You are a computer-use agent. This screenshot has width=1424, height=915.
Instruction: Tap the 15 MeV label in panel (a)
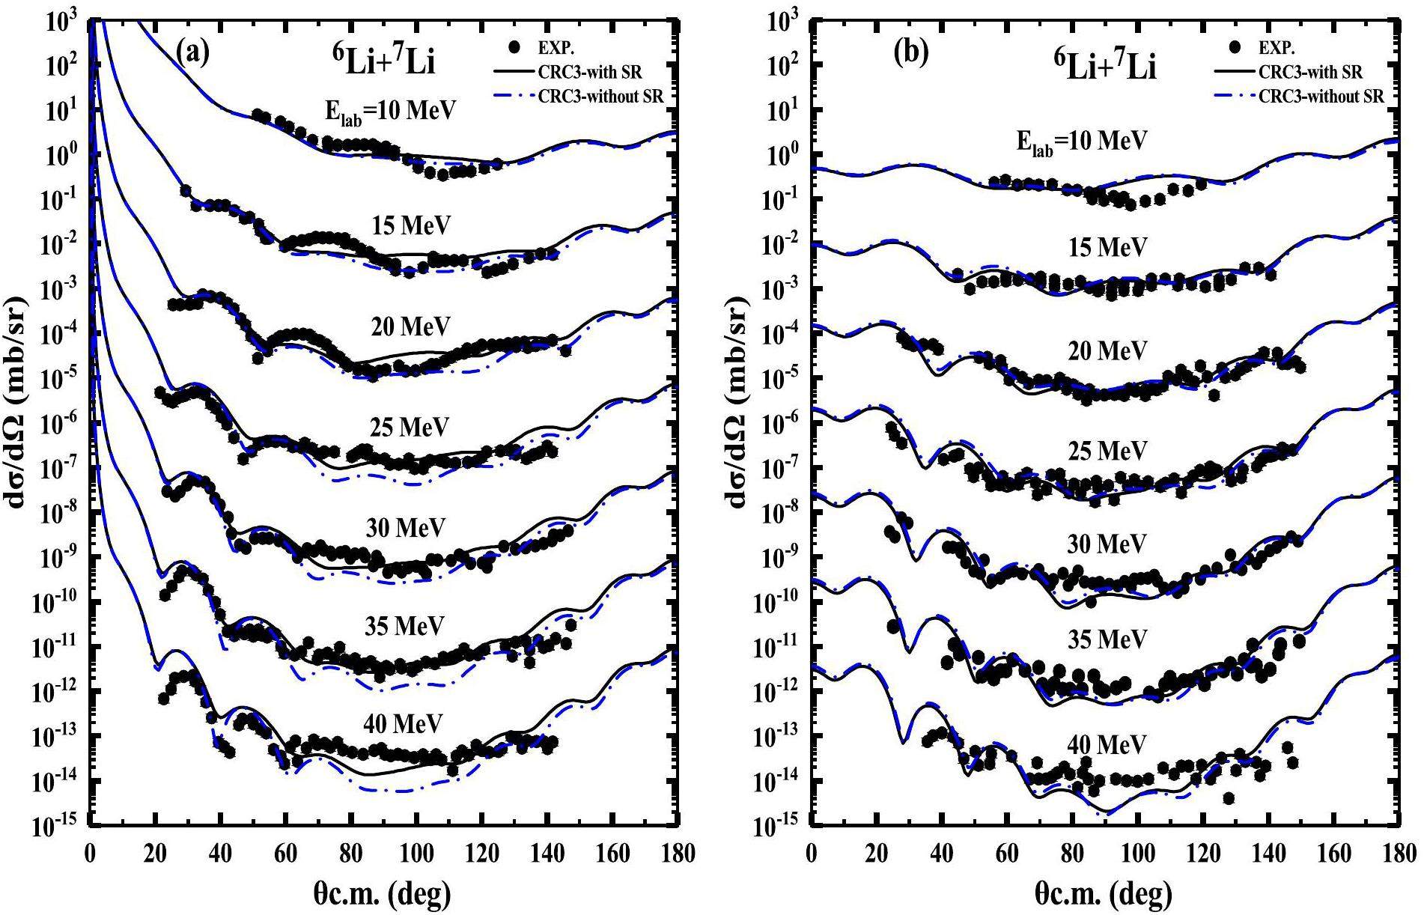coord(412,225)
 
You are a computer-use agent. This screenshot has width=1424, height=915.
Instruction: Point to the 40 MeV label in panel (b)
coord(1107,744)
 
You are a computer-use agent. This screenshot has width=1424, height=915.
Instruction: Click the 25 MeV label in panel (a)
coord(409,427)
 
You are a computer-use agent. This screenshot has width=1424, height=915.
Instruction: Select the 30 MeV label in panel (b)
coord(1107,544)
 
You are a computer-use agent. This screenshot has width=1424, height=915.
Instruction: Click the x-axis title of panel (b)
coord(1104,893)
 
